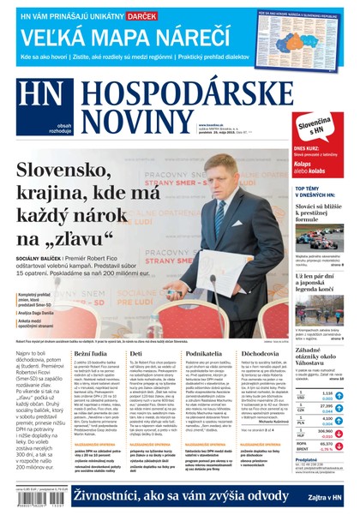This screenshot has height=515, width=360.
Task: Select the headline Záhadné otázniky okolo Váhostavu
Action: click(319, 356)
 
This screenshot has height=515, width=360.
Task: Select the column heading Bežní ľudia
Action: click(90, 353)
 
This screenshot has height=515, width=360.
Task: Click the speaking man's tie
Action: click(221, 211)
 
